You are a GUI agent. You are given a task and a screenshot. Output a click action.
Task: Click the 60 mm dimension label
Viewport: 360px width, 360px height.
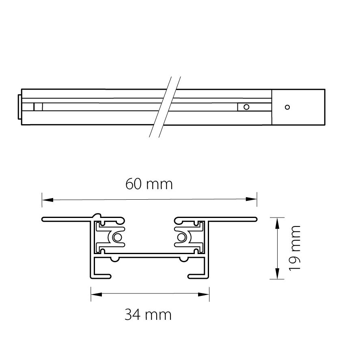point(149,184)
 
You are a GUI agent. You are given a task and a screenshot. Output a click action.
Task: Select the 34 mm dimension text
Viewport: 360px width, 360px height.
point(148,314)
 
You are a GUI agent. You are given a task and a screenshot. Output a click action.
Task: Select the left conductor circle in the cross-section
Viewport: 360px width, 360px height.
point(118,237)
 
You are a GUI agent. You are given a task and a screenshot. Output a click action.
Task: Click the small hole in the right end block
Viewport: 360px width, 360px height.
point(287,107)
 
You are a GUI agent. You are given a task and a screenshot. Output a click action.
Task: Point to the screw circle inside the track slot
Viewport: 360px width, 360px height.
point(246,107)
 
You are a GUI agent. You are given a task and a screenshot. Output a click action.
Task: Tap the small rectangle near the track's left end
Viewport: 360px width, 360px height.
point(38,107)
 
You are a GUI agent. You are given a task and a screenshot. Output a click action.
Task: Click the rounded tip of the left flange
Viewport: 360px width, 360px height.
point(43,220)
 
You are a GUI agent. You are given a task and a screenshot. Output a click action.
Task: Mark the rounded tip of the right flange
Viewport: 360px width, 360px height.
point(256,220)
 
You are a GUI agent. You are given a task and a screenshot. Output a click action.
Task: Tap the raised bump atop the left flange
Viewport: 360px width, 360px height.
point(97,215)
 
